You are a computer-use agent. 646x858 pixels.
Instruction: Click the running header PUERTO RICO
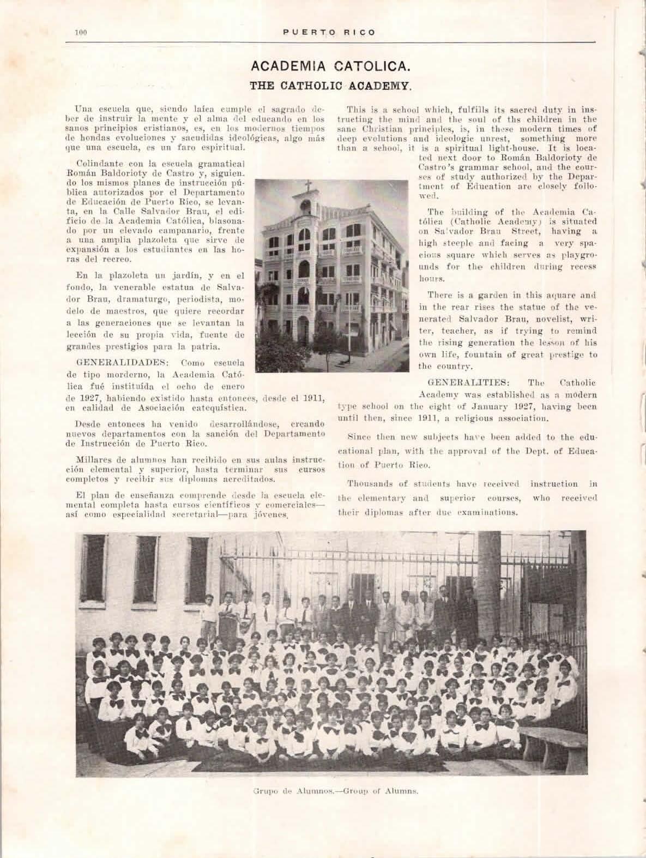pyautogui.click(x=330, y=33)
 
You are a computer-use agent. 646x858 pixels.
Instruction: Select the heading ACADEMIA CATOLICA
pyautogui.click(x=329, y=68)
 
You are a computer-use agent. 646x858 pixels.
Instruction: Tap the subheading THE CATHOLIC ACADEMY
pyautogui.click(x=329, y=85)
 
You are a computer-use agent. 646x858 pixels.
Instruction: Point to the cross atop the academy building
pyautogui.click(x=308, y=185)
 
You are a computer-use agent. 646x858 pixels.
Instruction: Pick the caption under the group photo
pyautogui.click(x=335, y=790)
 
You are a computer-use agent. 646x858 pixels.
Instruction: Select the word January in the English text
pyautogui.click(x=500, y=406)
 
